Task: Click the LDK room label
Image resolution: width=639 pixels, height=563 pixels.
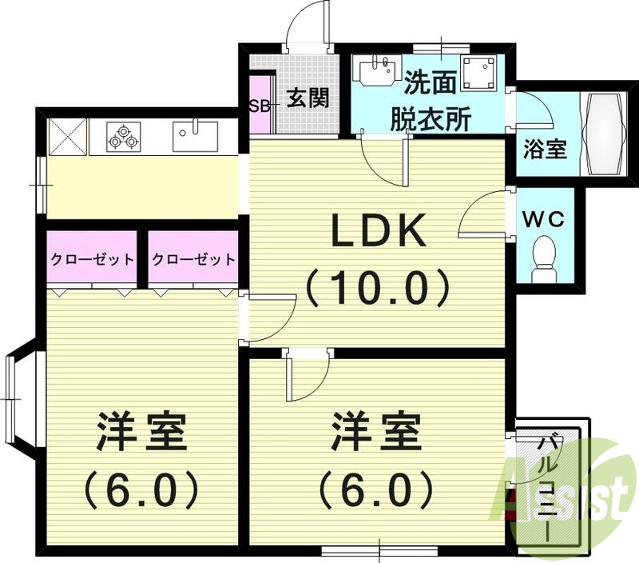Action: point(377,234)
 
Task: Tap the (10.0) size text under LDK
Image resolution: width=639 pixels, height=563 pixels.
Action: point(377,286)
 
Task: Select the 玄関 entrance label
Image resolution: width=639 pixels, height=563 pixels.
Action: point(308,99)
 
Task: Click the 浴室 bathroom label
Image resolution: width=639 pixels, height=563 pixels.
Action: point(546,149)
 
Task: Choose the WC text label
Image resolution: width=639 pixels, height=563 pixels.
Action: point(545,218)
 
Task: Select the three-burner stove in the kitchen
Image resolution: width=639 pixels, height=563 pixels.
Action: point(124,137)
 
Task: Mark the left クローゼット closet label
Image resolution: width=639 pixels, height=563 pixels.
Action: point(93,259)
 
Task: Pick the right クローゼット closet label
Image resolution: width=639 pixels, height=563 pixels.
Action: point(193,259)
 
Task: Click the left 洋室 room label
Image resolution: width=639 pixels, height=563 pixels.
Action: point(141,433)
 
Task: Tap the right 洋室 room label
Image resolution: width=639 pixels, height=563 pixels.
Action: point(376,433)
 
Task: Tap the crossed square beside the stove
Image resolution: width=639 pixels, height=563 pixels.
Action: point(67,136)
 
